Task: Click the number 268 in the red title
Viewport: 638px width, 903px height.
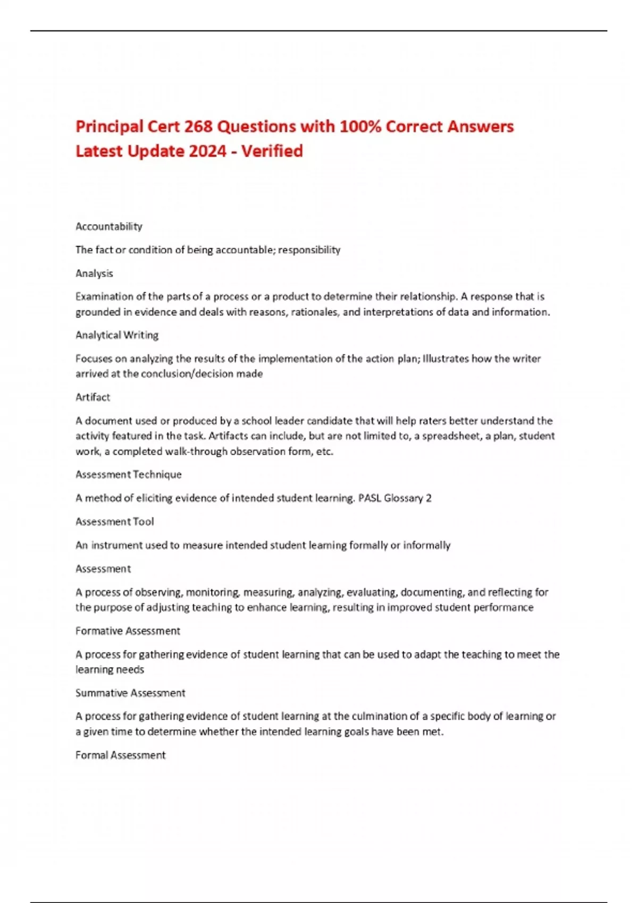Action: [x=198, y=126]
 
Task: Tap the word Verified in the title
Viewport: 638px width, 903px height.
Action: [x=272, y=151]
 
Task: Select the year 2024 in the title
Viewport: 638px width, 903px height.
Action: [x=208, y=151]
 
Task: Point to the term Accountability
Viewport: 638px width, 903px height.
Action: [x=109, y=226]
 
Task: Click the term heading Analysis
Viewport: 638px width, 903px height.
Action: [x=94, y=273]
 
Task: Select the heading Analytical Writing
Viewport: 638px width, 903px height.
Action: [x=117, y=335]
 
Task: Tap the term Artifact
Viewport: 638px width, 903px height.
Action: [x=93, y=397]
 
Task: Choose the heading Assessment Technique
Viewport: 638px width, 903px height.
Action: [x=129, y=474]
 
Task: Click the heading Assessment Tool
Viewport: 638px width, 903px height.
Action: [x=115, y=522]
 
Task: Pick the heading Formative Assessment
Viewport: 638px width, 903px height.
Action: [x=128, y=631]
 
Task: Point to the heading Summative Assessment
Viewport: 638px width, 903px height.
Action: [x=130, y=693]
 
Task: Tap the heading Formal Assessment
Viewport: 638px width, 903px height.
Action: [x=121, y=755]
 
